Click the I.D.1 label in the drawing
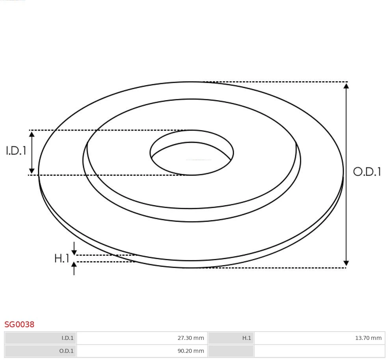coord(16,151)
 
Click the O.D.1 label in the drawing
coord(367,172)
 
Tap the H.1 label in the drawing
coord(61,259)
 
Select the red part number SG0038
coord(19,325)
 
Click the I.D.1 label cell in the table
coord(41,338)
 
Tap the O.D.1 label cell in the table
coord(41,351)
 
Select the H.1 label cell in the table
coord(231,338)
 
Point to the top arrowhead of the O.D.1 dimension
coord(346,86)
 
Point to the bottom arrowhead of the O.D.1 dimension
coord(346,263)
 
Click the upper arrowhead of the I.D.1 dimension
coord(32,134)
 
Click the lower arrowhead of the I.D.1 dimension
coord(32,171)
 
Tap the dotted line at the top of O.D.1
coord(276,82)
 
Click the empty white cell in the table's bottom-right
coord(319,351)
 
